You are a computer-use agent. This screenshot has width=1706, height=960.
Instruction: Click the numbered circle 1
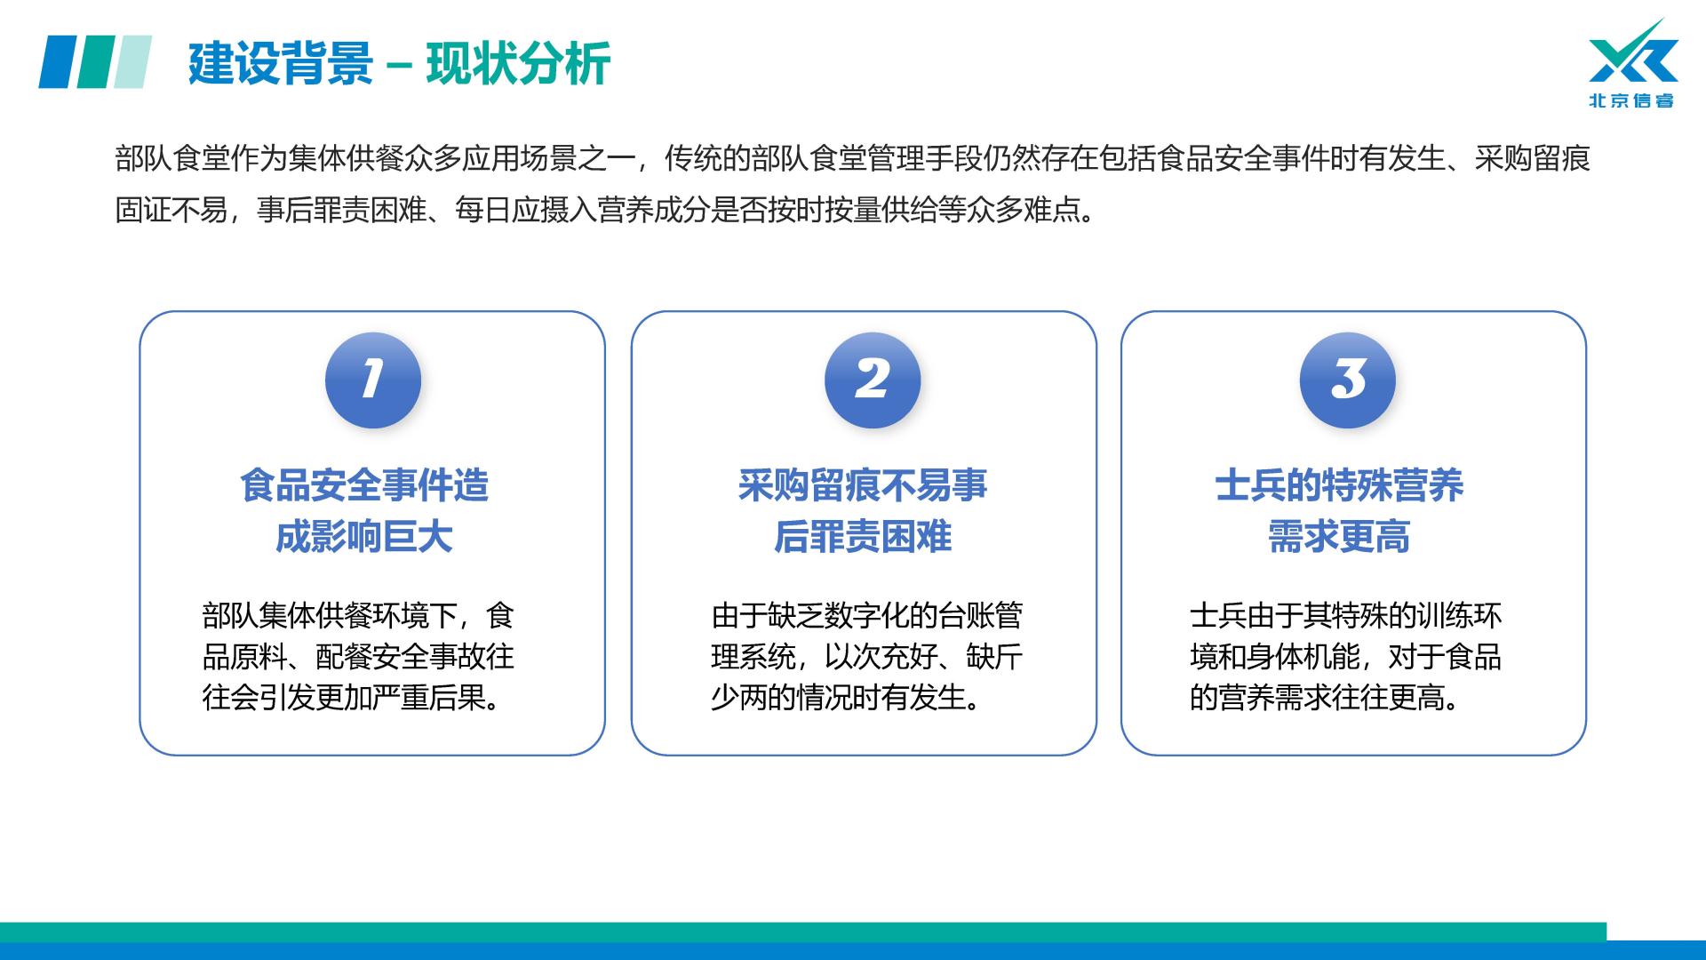pyautogui.click(x=373, y=380)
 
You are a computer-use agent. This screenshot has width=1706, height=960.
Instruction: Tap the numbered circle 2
pyautogui.click(x=873, y=380)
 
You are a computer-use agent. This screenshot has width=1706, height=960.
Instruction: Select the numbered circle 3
pyautogui.click(x=1348, y=380)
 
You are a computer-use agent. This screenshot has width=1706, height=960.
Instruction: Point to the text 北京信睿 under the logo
pyautogui.click(x=1631, y=100)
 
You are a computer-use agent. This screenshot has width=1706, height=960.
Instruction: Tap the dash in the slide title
pyautogui.click(x=400, y=65)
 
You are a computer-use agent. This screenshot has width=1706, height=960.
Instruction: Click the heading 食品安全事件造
pyautogui.click(x=364, y=486)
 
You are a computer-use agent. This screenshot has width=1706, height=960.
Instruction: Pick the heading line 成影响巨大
pyautogui.click(x=364, y=537)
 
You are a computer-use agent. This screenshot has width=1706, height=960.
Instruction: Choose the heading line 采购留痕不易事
pyautogui.click(x=863, y=486)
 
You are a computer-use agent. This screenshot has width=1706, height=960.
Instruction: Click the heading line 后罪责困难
pyautogui.click(x=863, y=537)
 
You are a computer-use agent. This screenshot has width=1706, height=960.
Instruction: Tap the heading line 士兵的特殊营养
pyautogui.click(x=1339, y=486)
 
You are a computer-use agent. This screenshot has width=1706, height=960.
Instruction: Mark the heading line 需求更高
pyautogui.click(x=1339, y=537)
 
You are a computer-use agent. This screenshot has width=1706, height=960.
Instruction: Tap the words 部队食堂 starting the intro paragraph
pyautogui.click(x=171, y=159)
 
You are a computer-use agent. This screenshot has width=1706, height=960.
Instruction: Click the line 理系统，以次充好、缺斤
pyautogui.click(x=867, y=657)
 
